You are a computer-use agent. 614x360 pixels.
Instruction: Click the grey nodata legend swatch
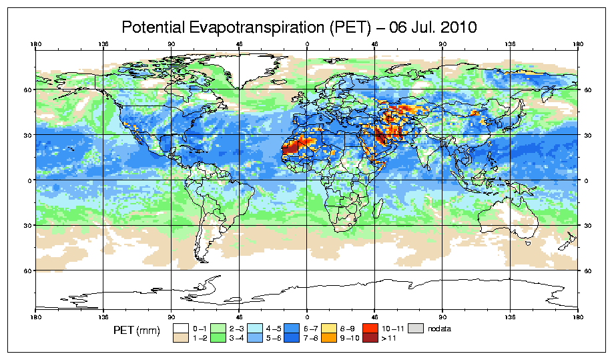(x=416, y=328)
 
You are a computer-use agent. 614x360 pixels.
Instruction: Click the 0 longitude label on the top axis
(x=307, y=45)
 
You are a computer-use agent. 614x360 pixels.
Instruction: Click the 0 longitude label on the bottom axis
(x=307, y=317)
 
